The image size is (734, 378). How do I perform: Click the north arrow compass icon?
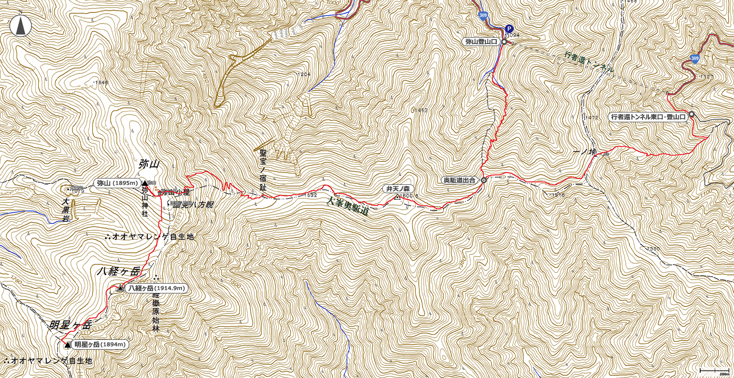tap(21, 26)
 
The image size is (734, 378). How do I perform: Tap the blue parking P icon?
tap(509, 29)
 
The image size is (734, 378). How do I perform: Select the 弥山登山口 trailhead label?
tap(481, 42)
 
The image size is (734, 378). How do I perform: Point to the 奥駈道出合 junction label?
tap(459, 180)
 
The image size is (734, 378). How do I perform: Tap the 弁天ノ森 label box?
tap(399, 189)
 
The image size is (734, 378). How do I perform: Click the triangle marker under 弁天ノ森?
tap(397, 197)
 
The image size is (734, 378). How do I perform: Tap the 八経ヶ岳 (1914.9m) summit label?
tap(156, 289)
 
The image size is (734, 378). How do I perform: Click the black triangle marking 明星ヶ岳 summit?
tap(68, 345)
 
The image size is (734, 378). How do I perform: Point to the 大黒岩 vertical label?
tap(66, 210)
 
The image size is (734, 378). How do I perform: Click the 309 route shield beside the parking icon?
tap(483, 16)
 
